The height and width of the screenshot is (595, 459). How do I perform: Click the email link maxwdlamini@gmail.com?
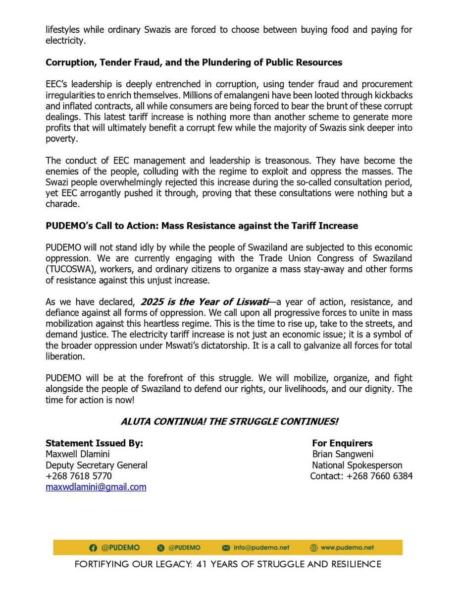[x=96, y=487]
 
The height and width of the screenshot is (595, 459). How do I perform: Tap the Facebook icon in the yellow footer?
[x=93, y=547]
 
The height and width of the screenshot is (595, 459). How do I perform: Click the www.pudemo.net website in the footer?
[x=347, y=547]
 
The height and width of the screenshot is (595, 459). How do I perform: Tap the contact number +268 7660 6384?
[x=380, y=476]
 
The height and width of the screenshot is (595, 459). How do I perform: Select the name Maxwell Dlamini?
[x=77, y=454]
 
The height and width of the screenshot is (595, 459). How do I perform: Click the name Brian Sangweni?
[x=343, y=454]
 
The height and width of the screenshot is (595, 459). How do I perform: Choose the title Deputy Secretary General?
[x=96, y=465]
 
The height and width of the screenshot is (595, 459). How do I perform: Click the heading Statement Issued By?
[x=94, y=443]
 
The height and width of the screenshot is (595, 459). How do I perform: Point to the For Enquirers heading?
[x=342, y=443]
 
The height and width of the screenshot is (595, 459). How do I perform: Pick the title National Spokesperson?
[x=357, y=465]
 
